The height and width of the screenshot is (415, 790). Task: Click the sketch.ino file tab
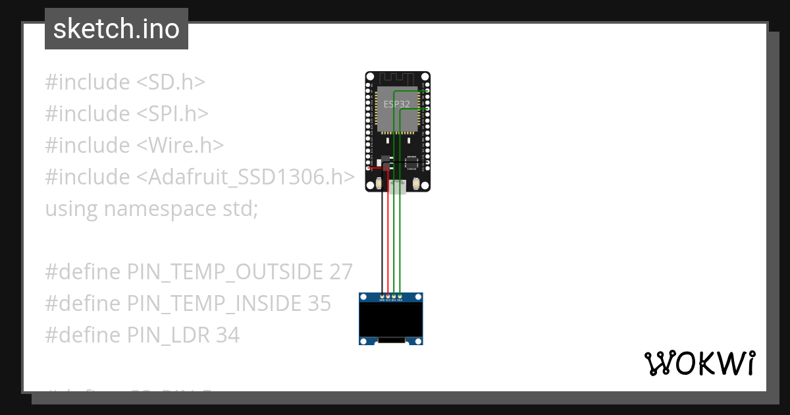(116, 29)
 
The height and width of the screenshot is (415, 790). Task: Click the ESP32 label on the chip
(397, 104)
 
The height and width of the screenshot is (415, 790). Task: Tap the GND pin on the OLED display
(382, 298)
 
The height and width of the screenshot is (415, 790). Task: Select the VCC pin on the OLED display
(388, 298)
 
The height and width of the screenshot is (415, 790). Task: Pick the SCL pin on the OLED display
(394, 298)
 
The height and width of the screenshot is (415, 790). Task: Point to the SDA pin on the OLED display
(400, 298)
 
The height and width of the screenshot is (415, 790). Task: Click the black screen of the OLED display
(391, 319)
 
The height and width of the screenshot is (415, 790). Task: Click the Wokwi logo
(699, 363)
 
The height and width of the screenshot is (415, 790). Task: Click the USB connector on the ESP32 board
(398, 186)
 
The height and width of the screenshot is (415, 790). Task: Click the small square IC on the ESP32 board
(411, 162)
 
